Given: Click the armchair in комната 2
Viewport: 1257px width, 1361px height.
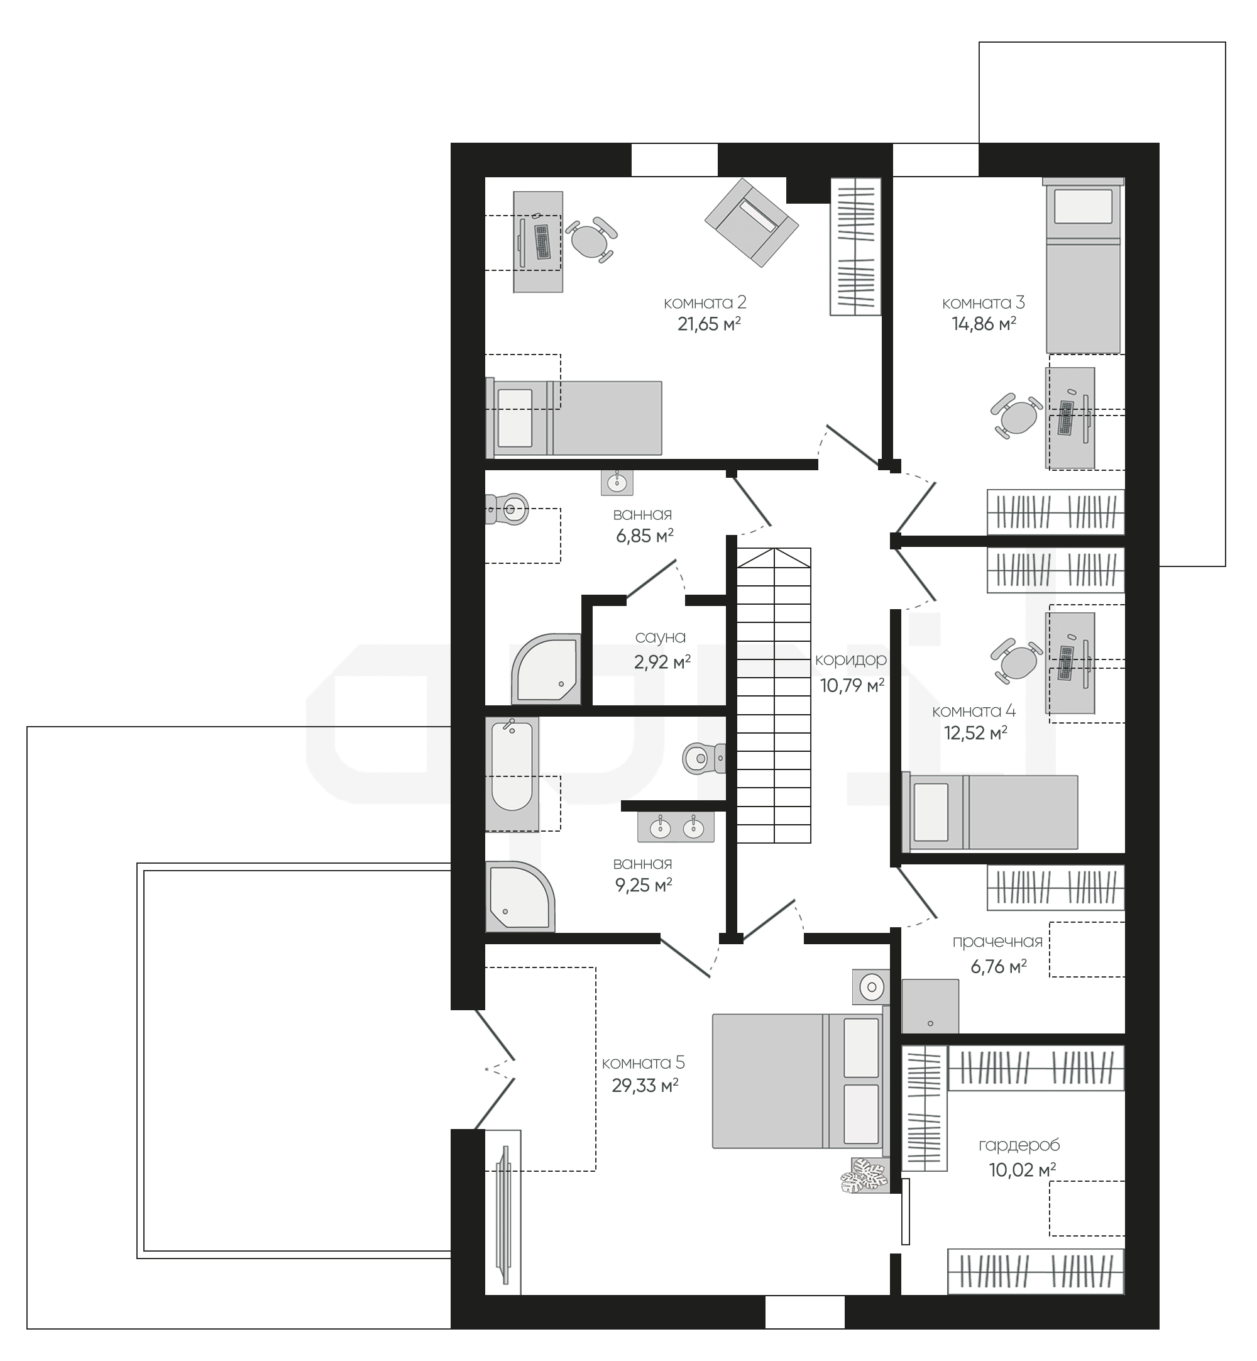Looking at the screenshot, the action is point(751,223).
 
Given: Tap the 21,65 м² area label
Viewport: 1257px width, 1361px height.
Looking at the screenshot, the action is point(709,324).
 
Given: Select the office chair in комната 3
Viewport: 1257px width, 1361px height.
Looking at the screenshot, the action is point(1016,416).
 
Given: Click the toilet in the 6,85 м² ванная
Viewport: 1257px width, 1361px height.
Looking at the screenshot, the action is point(507,508).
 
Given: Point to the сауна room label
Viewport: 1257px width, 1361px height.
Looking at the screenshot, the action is point(661,637).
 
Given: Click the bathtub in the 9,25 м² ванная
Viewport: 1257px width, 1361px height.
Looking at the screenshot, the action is point(512,774).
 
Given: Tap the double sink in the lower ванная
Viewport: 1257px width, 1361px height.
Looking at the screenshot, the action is point(676,828).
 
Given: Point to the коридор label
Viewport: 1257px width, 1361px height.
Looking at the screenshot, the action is point(851,660).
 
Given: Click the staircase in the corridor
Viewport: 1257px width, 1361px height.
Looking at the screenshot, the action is point(774,695).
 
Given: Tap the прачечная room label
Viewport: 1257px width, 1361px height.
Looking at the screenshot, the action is point(997,942).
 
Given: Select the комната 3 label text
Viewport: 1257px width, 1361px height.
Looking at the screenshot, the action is point(984,302).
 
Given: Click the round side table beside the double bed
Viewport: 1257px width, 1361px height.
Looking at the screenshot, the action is point(871,986).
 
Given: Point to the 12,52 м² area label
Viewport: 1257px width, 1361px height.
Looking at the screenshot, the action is point(976,732).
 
